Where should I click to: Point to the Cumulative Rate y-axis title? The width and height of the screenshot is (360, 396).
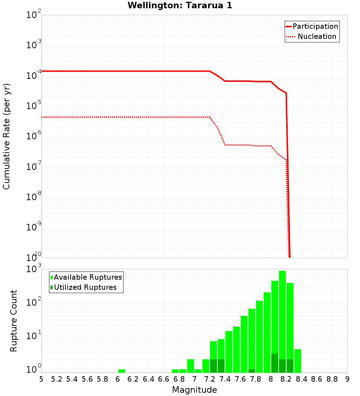(x=6, y=136)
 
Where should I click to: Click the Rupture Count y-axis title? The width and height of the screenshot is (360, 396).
(x=14, y=321)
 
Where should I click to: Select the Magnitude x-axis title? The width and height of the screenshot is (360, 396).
(x=194, y=390)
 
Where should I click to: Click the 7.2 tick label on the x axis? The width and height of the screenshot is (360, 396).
(x=210, y=379)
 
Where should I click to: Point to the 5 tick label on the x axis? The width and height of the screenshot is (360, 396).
(x=41, y=379)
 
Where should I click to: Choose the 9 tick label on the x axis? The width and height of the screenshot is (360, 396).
(x=347, y=379)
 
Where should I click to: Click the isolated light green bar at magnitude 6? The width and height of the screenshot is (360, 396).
(x=122, y=371)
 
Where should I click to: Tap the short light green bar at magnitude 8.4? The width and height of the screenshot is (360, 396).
(x=298, y=361)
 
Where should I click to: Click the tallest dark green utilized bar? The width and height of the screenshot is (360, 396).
(x=275, y=363)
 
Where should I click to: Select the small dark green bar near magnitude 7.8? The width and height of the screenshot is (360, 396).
(x=252, y=371)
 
